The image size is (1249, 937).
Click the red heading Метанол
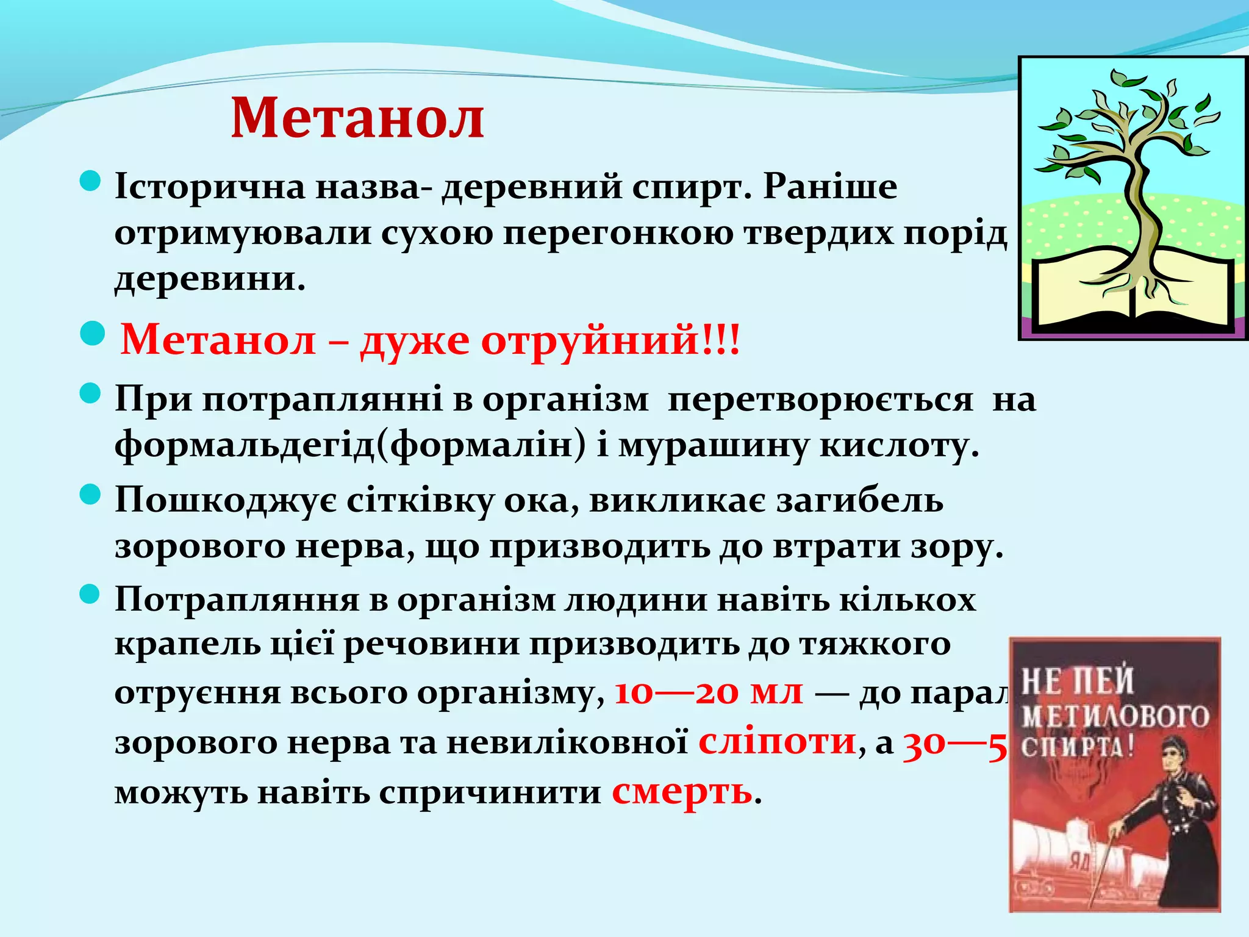pos(357,118)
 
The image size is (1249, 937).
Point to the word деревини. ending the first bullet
pos(210,279)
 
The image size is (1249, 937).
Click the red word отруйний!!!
pos(610,340)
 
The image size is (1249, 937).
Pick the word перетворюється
pos(820,400)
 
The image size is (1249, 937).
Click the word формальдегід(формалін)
pos(350,445)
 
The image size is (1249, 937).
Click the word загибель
pos(854,500)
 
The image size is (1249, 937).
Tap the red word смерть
pos(682,792)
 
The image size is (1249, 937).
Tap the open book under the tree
pos(1128,293)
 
